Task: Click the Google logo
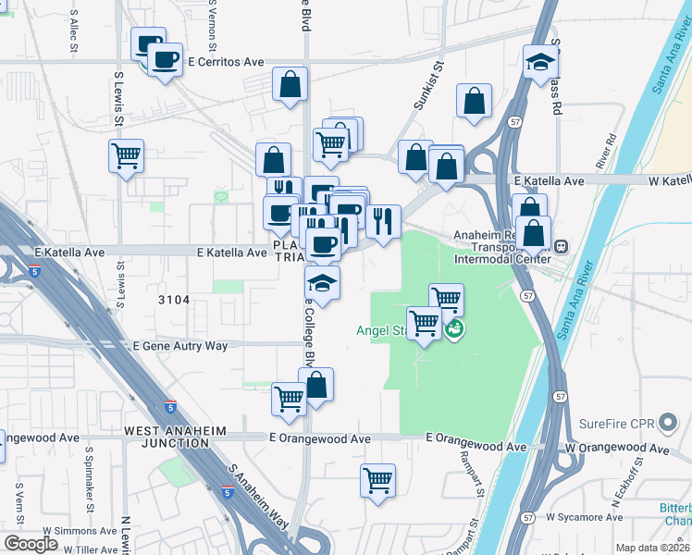tap(31, 544)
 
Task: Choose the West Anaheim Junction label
tap(167, 437)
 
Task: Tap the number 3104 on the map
tap(173, 300)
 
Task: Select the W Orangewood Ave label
tap(618, 448)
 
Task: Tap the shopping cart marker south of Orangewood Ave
tap(377, 480)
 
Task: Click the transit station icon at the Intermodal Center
tap(560, 246)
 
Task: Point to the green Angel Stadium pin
tap(453, 329)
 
